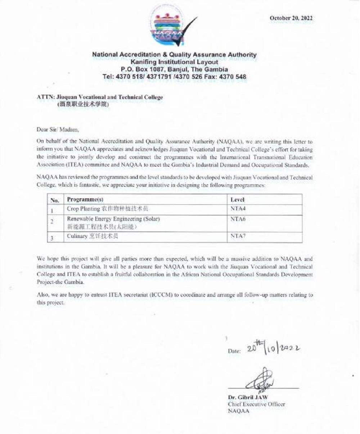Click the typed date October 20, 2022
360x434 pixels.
coord(292,18)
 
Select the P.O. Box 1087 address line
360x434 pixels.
coord(175,69)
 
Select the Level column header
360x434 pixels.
coord(238,199)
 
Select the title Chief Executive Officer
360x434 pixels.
coord(256,404)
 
